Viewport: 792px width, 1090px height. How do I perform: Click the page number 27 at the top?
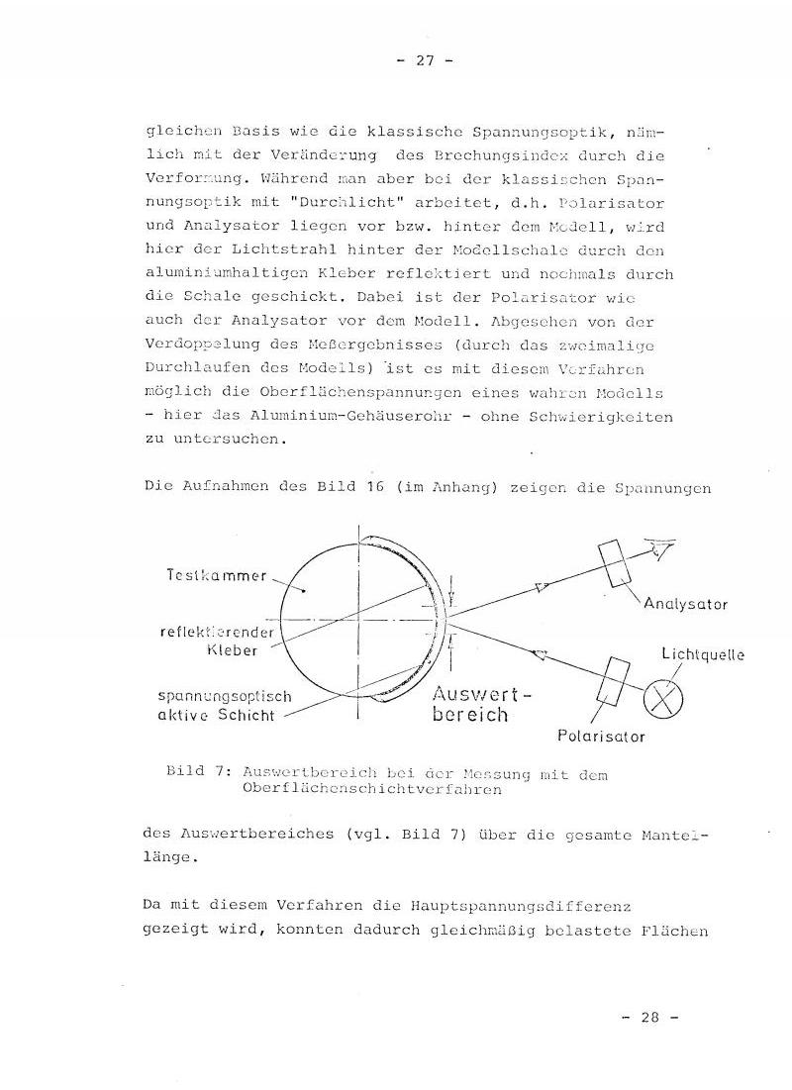(425, 61)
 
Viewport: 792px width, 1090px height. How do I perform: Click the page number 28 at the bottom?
(649, 1017)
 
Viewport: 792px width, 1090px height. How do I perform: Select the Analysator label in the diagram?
(685, 603)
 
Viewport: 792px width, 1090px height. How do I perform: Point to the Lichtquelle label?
(703, 653)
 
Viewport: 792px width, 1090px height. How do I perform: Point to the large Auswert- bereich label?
(482, 703)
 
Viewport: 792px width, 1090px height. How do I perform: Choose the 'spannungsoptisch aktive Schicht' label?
(211, 706)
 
